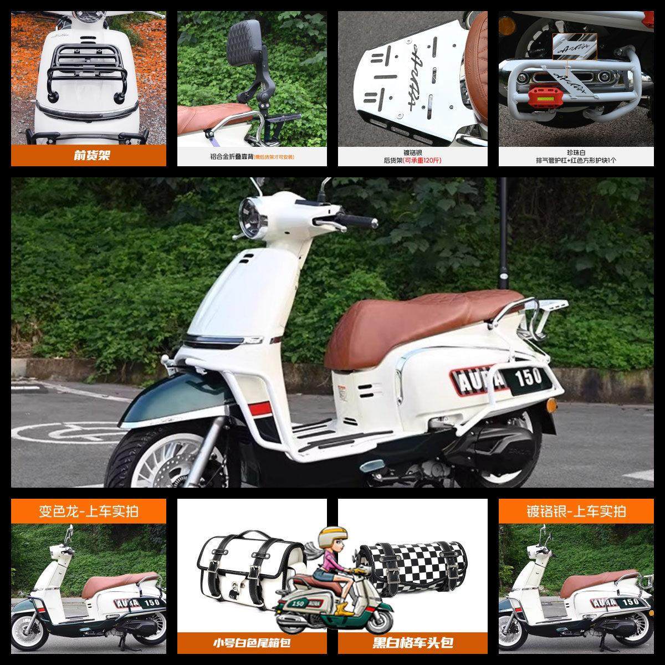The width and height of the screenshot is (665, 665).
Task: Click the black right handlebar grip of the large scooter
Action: coord(362,222)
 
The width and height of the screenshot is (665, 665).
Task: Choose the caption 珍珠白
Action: coord(576,151)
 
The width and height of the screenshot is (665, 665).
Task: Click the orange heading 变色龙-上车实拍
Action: coord(89,510)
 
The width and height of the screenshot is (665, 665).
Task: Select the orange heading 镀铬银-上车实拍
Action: coord(576,510)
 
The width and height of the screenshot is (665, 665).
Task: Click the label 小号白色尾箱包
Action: coord(252,643)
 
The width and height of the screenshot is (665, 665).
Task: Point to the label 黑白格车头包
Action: coord(413,643)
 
